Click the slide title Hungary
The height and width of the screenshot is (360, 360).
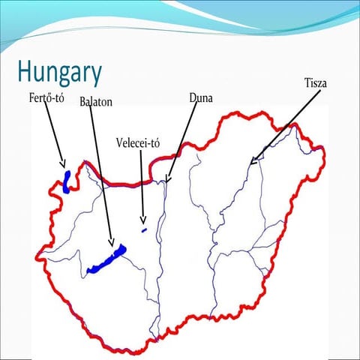tap(59, 73)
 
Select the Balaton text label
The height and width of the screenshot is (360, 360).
tap(96, 101)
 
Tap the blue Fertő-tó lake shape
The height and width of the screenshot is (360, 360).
tap(67, 181)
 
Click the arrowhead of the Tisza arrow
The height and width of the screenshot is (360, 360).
tap(252, 161)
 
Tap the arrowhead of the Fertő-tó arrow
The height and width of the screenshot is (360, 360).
tap(64, 164)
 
